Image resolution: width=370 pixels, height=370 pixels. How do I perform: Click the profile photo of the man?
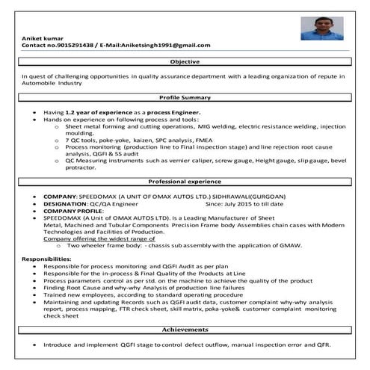(x=321, y=28)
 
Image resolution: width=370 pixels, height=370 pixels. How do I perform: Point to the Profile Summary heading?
(x=185, y=98)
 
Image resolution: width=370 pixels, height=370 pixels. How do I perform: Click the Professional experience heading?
(x=185, y=182)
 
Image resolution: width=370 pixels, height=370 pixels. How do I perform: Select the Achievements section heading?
(x=185, y=329)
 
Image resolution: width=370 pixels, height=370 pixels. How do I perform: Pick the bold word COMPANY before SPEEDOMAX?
(x=58, y=196)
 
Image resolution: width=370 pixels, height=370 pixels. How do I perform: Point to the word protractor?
(x=81, y=168)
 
